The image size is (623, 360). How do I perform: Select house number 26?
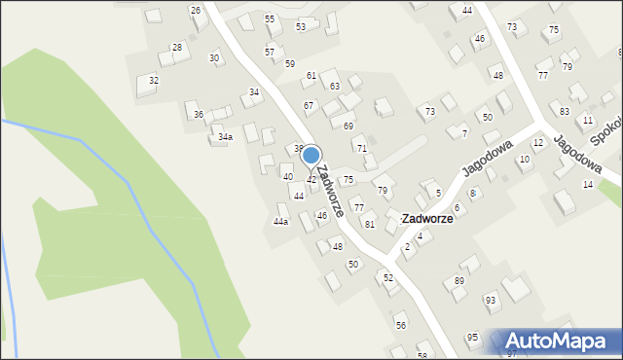(x=196, y=11)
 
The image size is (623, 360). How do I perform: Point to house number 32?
(x=154, y=80)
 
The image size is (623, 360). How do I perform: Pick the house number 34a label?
(x=225, y=137)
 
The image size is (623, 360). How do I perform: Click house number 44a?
(x=280, y=222)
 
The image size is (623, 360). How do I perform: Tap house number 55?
(x=270, y=19)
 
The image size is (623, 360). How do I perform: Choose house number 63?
(x=334, y=87)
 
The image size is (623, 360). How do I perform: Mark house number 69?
(x=348, y=126)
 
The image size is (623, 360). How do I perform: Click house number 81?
(x=370, y=224)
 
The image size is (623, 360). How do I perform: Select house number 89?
(x=459, y=281)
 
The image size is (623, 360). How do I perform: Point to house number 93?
(x=491, y=299)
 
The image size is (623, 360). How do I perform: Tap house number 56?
(x=400, y=325)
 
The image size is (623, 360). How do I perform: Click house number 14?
(x=588, y=184)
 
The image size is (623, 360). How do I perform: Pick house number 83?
(x=565, y=112)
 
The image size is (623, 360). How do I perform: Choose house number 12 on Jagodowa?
(x=537, y=143)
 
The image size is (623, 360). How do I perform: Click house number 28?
(x=177, y=47)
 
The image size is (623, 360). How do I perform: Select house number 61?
(x=311, y=75)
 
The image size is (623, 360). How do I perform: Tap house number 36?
(x=199, y=115)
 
